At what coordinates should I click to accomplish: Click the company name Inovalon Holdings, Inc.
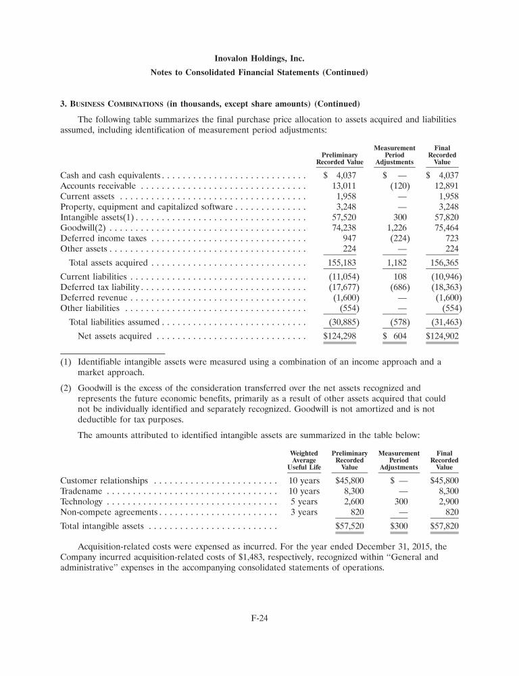[x=259, y=59]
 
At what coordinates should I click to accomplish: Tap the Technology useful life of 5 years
[x=305, y=502]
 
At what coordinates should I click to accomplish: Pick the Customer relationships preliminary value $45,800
[x=350, y=481]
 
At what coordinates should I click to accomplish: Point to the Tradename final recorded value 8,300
[x=446, y=491]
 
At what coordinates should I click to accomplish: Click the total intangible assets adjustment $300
[x=398, y=525]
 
